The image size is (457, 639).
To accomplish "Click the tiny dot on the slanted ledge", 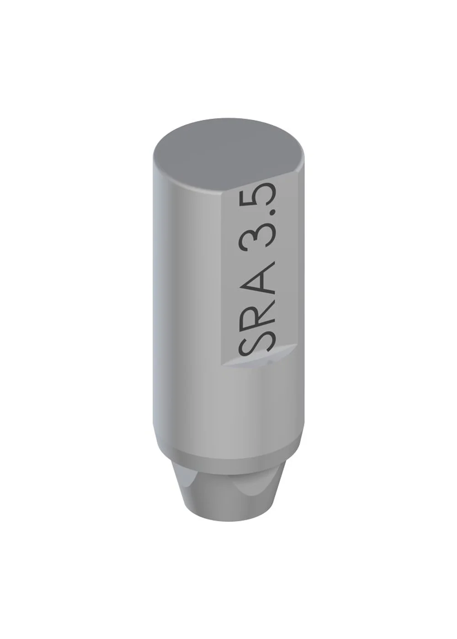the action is (270, 362).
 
